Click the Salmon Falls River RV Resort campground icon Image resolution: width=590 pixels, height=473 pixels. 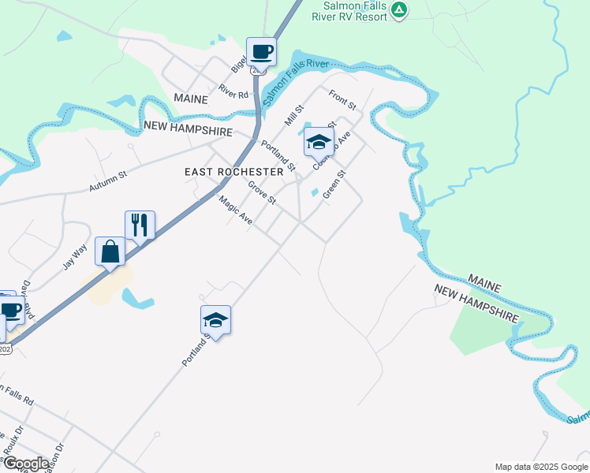click(x=400, y=10)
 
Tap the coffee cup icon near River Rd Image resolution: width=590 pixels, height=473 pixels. click(x=262, y=53)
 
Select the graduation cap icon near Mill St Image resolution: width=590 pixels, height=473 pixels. click(x=319, y=143)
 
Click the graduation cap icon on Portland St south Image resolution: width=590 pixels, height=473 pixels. click(x=215, y=321)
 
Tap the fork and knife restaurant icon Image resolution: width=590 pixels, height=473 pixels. click(x=140, y=225)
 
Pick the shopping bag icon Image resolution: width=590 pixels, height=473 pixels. click(x=110, y=252)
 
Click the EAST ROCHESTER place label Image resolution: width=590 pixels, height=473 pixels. click(x=233, y=172)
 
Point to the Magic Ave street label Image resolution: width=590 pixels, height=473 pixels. click(x=236, y=210)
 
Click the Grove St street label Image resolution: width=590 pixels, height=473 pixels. click(x=262, y=194)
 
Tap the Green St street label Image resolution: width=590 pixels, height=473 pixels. click(x=334, y=185)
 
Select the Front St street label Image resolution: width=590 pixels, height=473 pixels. click(x=343, y=100)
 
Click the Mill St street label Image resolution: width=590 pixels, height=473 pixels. click(x=294, y=117)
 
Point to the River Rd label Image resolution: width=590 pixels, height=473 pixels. click(x=233, y=91)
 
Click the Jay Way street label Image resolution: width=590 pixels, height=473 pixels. click(x=75, y=257)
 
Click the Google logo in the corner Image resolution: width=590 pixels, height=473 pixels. click(x=25, y=464)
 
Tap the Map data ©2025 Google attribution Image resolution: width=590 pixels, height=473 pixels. click(x=540, y=467)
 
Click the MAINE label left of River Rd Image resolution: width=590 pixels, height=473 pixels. click(x=190, y=100)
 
